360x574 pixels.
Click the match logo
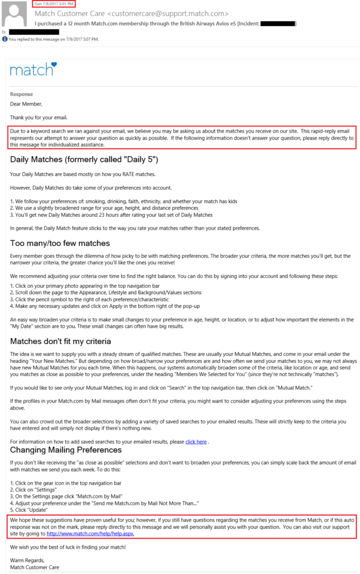pyautogui.click(x=33, y=70)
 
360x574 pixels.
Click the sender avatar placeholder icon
pyautogui.click(x=14, y=14)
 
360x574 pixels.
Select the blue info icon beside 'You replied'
pyautogui.click(x=5, y=39)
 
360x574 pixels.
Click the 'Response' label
pyautogui.click(x=21, y=94)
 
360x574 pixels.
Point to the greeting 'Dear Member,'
pyautogui.click(x=26, y=104)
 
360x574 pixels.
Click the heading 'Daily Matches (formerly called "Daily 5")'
pyautogui.click(x=84, y=159)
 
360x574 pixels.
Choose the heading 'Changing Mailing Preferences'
pyautogui.click(x=66, y=449)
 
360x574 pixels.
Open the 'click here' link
pyautogui.click(x=196, y=441)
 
